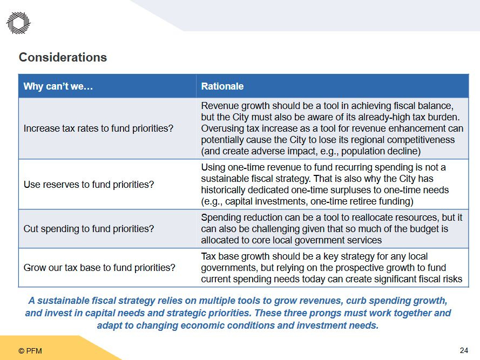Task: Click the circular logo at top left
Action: coord(18,23)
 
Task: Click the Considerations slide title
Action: coord(63,57)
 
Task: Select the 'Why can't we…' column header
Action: coord(58,86)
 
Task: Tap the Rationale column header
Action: coord(222,86)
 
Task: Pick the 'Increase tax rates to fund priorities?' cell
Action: coord(98,128)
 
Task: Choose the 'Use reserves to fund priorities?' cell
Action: coord(89,185)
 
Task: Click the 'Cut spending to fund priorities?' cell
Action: coord(89,229)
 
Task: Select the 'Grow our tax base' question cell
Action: coord(99,268)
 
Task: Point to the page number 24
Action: coord(464,350)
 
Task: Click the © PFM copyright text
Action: coord(30,351)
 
